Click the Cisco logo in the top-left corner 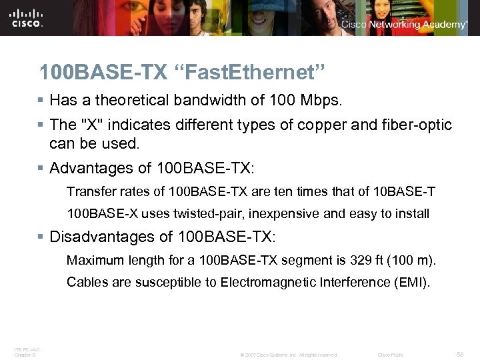tap(27, 18)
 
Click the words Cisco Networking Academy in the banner tap(404, 25)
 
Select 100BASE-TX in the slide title tap(93, 71)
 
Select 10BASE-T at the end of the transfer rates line tap(405, 192)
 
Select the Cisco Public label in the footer tap(391, 355)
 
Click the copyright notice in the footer tap(289, 355)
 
